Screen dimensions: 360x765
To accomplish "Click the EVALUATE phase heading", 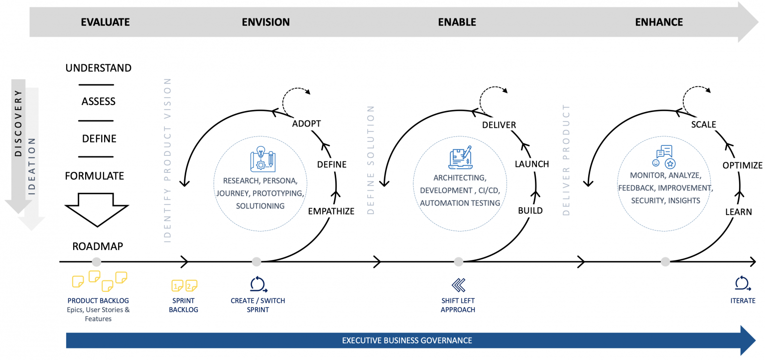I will pyautogui.click(x=105, y=22).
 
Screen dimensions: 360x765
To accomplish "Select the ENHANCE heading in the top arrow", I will pyautogui.click(x=658, y=22).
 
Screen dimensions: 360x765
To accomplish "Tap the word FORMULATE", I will pyautogui.click(x=94, y=176).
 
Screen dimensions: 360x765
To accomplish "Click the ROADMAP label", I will pyautogui.click(x=98, y=246).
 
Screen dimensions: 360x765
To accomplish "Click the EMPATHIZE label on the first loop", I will pyautogui.click(x=331, y=211).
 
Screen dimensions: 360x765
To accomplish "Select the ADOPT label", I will pyautogui.click(x=306, y=123).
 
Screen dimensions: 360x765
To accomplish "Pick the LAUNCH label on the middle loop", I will pyautogui.click(x=531, y=164).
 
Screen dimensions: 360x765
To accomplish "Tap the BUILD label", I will pyautogui.click(x=530, y=211).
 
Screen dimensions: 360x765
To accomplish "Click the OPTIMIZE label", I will pyautogui.click(x=742, y=165).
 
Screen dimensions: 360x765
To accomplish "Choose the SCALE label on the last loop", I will pyautogui.click(x=703, y=124).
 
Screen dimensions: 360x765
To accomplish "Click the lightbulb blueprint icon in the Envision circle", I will pyautogui.click(x=262, y=159).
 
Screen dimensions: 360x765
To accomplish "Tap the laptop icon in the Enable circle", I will pyautogui.click(x=460, y=157).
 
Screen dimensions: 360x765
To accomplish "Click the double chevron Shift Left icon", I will pyautogui.click(x=458, y=285).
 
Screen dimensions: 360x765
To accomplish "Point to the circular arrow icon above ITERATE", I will pyautogui.click(x=742, y=283).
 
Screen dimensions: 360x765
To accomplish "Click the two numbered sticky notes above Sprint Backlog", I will pyautogui.click(x=184, y=285).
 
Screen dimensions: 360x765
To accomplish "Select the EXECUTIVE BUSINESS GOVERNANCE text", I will pyautogui.click(x=407, y=341).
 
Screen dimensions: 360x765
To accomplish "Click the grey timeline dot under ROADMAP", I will pyautogui.click(x=97, y=261).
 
